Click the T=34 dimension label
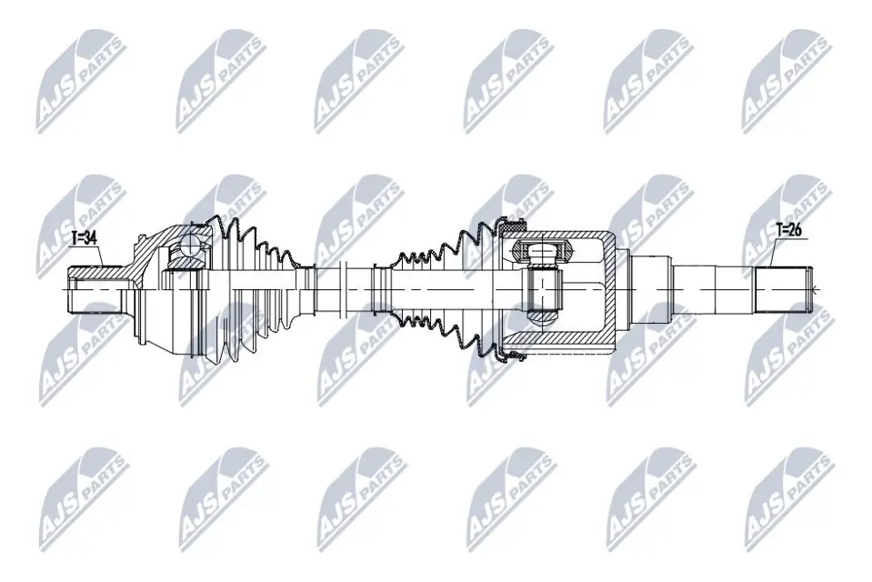pyautogui.click(x=85, y=239)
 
